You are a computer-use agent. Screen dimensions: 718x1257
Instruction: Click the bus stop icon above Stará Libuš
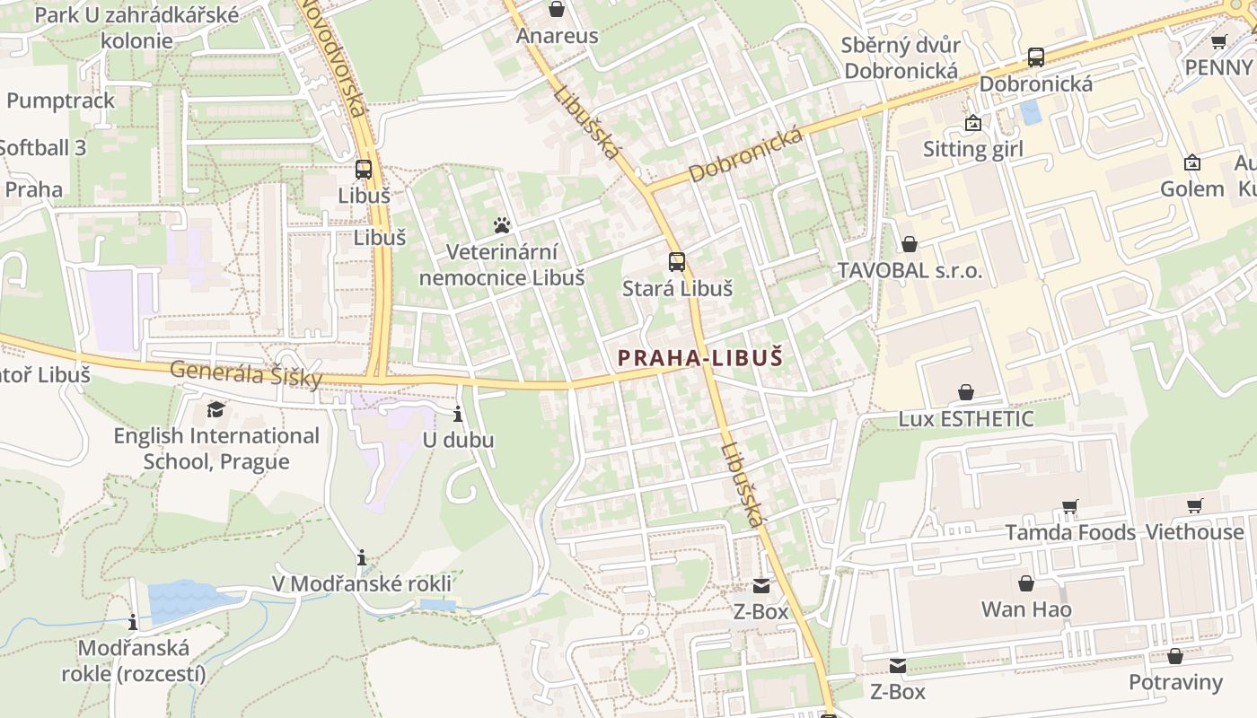[677, 262]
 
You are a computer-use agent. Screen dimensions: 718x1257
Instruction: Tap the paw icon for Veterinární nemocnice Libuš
[502, 224]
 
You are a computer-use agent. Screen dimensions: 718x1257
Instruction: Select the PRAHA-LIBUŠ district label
[700, 358]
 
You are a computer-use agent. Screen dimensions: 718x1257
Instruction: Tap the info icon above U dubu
[458, 414]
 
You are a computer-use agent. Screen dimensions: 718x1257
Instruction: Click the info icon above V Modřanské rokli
[362, 558]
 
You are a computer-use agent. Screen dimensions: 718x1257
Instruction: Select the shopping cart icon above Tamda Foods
[1069, 507]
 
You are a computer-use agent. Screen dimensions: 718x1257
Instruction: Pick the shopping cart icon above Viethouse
[1194, 506]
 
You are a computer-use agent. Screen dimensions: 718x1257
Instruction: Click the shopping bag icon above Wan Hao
[1026, 584]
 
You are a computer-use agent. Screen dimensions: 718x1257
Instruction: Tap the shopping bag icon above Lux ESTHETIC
[966, 392]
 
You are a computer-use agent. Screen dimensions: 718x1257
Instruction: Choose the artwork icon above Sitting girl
[972, 123]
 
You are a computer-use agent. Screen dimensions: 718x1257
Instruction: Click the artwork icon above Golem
[1192, 162]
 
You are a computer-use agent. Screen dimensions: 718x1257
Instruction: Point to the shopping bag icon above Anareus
[557, 10]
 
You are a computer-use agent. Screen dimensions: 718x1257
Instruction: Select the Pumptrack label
[61, 101]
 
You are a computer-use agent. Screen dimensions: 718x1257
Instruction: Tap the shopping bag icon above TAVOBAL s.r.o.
[910, 244]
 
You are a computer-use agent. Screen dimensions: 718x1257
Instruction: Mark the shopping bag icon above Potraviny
[1174, 656]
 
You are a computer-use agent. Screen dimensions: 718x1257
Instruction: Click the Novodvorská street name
[334, 57]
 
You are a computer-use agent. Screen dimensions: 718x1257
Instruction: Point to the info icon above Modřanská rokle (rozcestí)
[133, 621]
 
